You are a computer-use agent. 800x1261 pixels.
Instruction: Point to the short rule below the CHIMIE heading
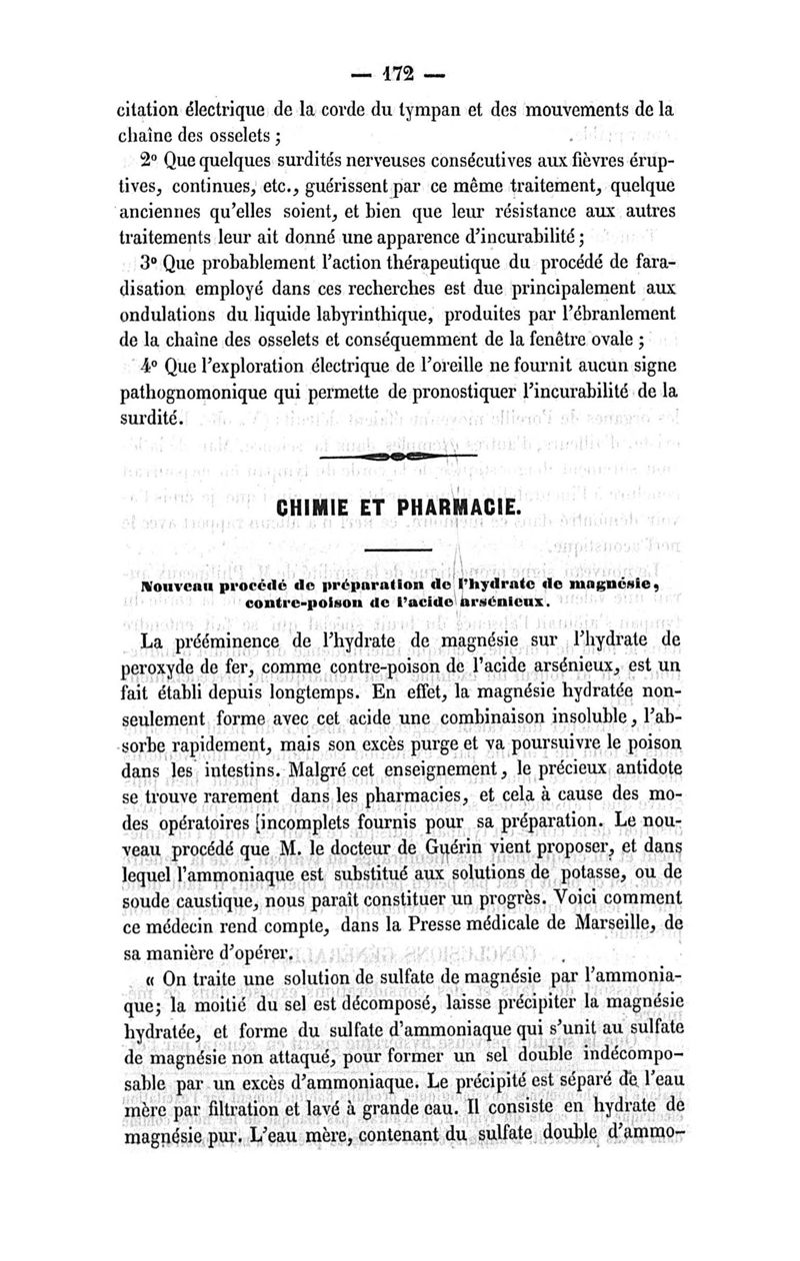click(x=398, y=551)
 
